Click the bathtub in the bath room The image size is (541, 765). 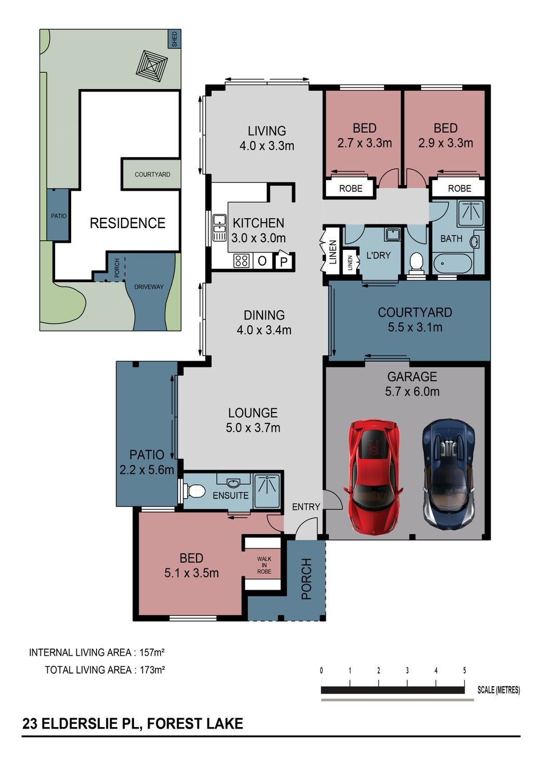[x=452, y=263]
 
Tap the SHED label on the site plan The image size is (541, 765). [x=175, y=39]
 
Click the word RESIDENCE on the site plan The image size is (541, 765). [x=127, y=223]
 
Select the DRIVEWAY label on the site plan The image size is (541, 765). [x=149, y=287]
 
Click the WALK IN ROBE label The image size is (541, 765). [x=264, y=565]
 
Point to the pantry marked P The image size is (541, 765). [x=283, y=261]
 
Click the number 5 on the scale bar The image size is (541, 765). [x=464, y=670]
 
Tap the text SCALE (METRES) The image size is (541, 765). [x=498, y=690]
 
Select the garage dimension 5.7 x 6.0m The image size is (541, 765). [x=412, y=391]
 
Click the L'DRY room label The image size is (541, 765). [x=378, y=255]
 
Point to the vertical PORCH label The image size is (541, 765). [x=306, y=579]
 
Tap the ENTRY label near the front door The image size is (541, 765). [x=306, y=507]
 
